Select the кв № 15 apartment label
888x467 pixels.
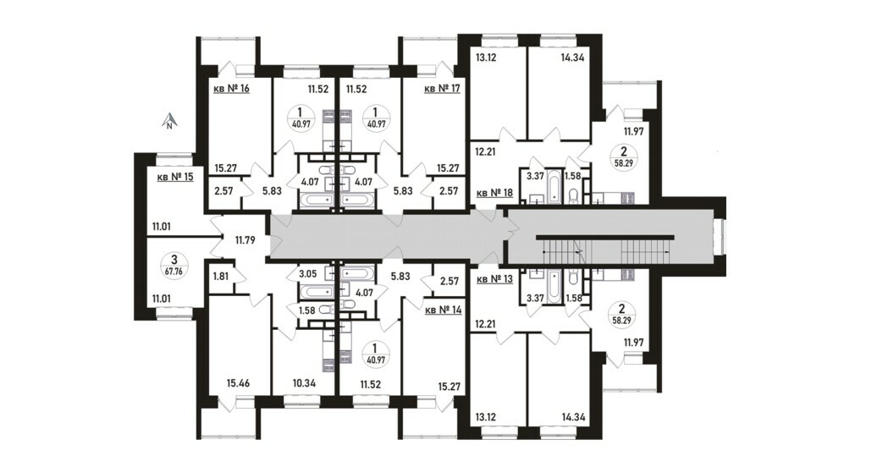[x=175, y=177]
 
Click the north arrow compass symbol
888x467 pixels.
[x=168, y=121]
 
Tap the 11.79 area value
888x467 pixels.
[x=245, y=240]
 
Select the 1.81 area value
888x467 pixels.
[x=221, y=277]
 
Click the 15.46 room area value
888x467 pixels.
[x=239, y=384]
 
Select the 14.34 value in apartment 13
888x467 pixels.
[x=573, y=418]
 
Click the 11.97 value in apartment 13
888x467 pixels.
[x=634, y=342]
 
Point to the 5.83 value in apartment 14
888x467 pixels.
[x=400, y=277]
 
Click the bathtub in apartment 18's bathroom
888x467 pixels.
[x=554, y=186]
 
